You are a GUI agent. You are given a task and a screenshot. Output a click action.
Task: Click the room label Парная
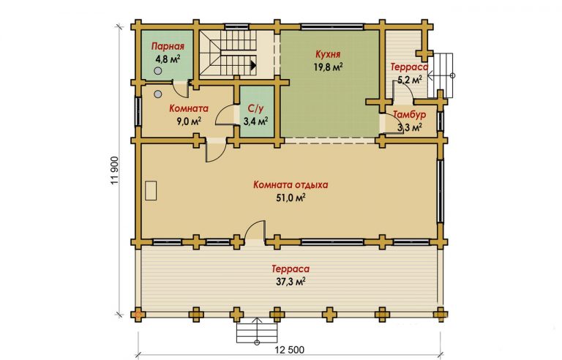pos(168,46)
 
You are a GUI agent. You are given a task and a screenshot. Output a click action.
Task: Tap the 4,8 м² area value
pos(168,59)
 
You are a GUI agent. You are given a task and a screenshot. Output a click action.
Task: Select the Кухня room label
pos(328,54)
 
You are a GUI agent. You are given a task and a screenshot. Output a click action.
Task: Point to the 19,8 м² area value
pos(328,67)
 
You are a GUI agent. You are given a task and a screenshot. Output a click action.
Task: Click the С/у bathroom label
pos(255,108)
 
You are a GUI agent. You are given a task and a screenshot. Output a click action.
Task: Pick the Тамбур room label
pos(409,115)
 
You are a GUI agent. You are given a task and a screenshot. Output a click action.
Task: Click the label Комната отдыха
pos(291,185)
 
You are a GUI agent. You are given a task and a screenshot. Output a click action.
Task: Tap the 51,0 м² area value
pos(291,198)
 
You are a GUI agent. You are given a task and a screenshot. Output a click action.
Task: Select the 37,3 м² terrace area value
pos(291,282)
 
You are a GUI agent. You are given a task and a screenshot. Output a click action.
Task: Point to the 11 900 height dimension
pos(114,170)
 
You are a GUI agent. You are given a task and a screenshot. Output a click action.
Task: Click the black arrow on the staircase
pos(253,65)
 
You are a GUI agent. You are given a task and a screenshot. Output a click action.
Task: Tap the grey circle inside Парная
pos(157,71)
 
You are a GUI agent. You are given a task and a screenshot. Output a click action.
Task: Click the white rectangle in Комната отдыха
pos(151,190)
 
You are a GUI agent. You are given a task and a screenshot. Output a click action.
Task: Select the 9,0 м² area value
pos(189,121)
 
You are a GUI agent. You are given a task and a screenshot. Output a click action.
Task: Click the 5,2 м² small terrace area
pos(409,80)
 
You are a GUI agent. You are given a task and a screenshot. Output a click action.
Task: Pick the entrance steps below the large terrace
pos(257,331)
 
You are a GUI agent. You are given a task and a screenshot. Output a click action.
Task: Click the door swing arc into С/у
pos(223,114)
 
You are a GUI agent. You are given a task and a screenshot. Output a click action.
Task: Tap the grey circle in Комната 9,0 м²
pos(158,94)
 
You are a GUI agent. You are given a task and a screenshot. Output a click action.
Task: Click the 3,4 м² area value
pos(256,121)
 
